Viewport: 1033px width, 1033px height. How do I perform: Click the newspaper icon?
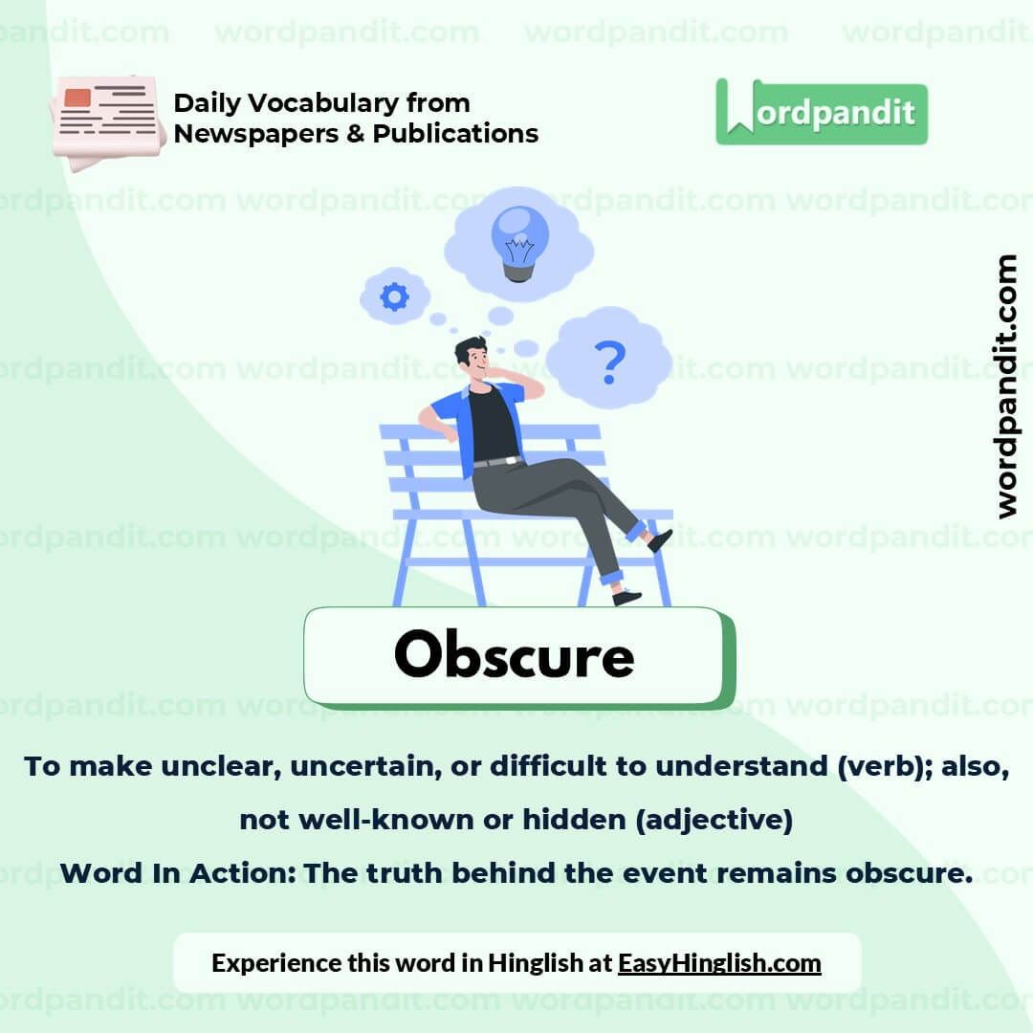click(106, 119)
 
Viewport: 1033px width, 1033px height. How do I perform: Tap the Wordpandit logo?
click(822, 113)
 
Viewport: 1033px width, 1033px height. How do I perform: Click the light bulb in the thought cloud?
click(519, 241)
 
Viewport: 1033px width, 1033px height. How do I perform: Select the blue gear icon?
click(394, 297)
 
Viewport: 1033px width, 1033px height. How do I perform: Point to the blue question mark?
click(609, 361)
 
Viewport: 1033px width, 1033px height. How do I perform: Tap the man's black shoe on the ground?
click(626, 597)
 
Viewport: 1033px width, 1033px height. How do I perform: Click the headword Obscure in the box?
click(514, 656)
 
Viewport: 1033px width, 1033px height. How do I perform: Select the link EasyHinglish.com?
click(719, 962)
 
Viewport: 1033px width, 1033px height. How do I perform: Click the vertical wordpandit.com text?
click(1006, 386)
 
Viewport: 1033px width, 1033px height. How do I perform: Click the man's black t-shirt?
click(493, 427)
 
